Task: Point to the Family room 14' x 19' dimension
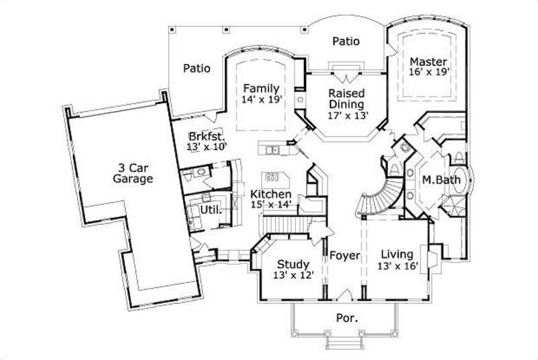[x=262, y=100]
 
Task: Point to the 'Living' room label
[x=397, y=254]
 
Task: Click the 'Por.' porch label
[x=346, y=316]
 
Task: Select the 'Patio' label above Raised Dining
[x=346, y=41]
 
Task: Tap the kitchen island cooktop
[x=272, y=178]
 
